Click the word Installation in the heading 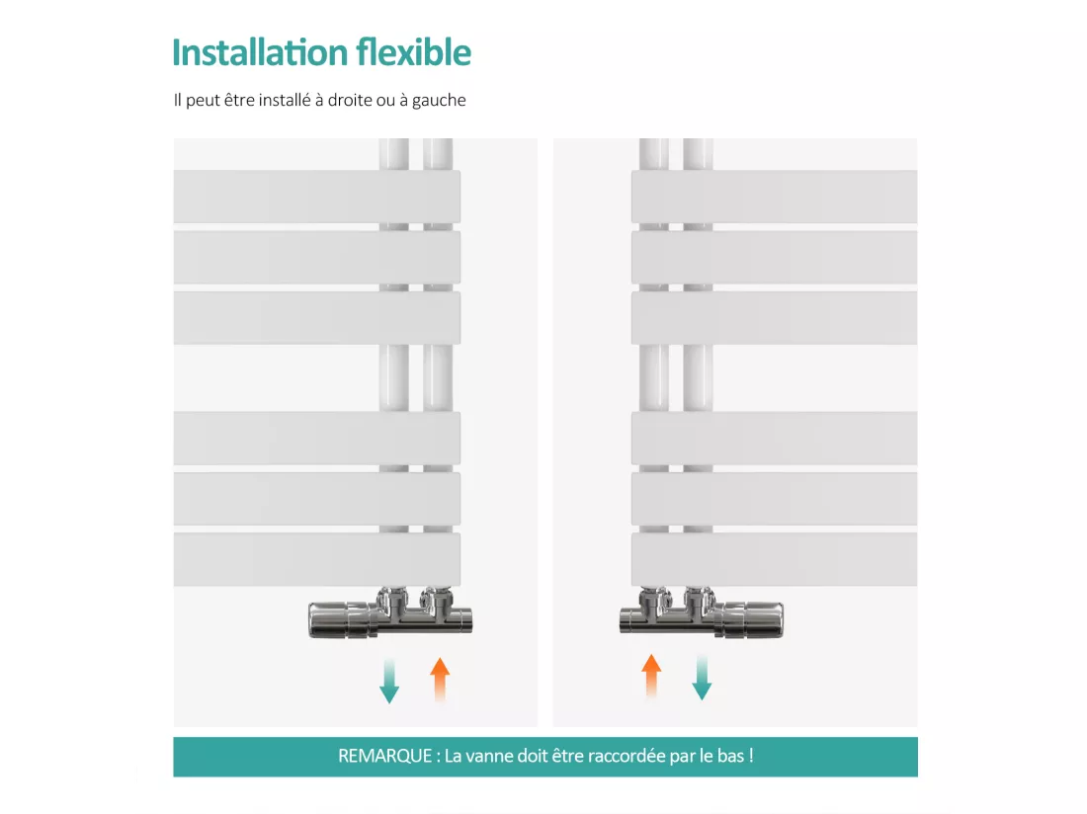click(259, 52)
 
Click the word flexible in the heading click(414, 52)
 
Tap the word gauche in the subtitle click(439, 101)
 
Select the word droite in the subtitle click(350, 100)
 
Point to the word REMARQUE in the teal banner click(384, 756)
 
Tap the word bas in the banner click(730, 756)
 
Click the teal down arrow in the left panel click(389, 681)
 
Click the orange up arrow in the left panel click(440, 680)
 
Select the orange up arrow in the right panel click(651, 676)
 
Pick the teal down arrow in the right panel click(702, 679)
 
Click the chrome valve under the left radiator click(389, 612)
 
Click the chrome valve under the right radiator click(701, 612)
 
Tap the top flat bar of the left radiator click(317, 197)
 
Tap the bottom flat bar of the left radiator click(317, 559)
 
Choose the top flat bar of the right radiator click(774, 197)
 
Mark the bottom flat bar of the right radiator click(774, 559)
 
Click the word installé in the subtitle click(285, 100)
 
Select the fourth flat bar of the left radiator click(317, 438)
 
